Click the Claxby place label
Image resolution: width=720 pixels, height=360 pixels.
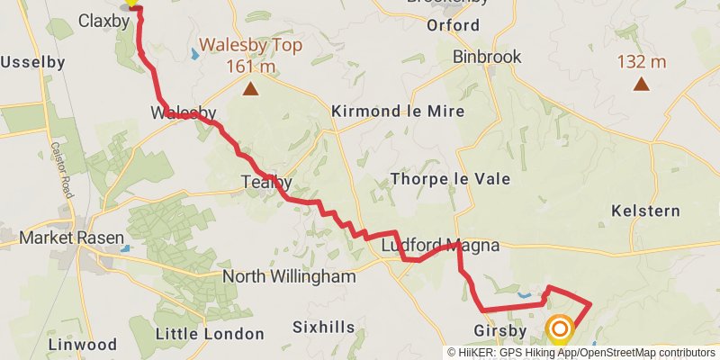(x=104, y=20)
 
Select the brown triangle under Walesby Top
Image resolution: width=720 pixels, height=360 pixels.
(x=250, y=88)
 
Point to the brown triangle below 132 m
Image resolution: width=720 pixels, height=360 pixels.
(x=641, y=85)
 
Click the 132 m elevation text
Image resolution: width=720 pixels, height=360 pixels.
(x=641, y=62)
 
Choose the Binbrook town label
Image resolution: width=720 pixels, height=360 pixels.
(x=487, y=56)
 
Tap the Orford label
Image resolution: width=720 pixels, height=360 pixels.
(x=454, y=25)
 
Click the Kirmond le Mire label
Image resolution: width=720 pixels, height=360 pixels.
(x=398, y=112)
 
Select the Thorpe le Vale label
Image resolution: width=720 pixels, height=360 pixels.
(x=451, y=179)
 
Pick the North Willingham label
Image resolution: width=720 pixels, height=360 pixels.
(x=289, y=276)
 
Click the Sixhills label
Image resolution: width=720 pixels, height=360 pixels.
(x=325, y=328)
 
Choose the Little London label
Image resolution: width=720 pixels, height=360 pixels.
(x=210, y=334)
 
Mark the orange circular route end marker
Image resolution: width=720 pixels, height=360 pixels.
(x=560, y=329)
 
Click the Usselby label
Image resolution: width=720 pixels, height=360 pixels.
(x=32, y=62)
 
